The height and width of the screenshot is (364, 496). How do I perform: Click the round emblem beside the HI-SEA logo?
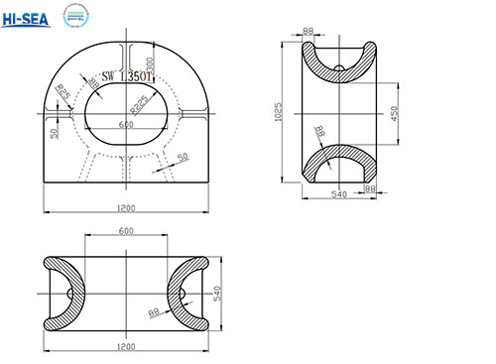75,17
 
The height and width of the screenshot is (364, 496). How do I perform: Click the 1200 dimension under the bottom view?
125,347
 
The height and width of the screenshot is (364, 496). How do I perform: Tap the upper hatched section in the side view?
337,68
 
